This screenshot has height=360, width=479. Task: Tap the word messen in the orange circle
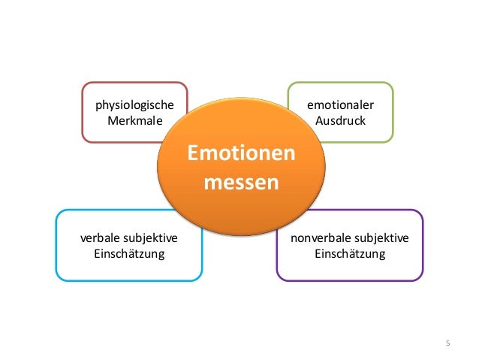241,183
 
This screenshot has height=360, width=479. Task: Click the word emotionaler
340,104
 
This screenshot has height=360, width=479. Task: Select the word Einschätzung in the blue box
129,254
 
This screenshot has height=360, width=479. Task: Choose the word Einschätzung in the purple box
349,254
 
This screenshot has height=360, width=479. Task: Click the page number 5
447,343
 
